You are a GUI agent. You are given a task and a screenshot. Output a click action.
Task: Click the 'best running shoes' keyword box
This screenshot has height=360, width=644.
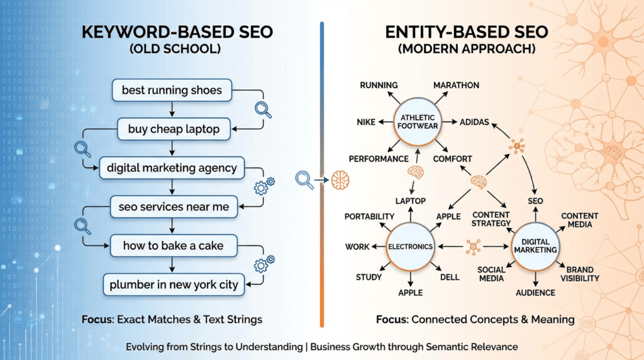172,90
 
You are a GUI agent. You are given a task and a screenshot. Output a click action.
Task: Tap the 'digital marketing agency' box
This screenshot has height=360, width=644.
172,168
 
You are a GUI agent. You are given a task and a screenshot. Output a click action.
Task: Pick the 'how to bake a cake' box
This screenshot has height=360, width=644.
173,245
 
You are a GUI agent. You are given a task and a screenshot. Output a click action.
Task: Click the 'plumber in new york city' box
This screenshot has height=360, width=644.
174,284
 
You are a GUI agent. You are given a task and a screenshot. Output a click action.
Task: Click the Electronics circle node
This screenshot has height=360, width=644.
410,247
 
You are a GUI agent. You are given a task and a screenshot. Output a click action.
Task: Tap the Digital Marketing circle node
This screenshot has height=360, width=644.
535,245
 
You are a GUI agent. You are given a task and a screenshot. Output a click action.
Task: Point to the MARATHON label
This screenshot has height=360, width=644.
456,85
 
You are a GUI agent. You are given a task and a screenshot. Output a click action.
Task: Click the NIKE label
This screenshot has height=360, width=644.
367,122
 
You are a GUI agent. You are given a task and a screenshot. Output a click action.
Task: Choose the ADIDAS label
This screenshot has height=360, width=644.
474,122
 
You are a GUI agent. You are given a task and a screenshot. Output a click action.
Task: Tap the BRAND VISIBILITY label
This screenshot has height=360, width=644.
579,274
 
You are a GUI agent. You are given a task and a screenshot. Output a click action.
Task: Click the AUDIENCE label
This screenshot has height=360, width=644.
535,293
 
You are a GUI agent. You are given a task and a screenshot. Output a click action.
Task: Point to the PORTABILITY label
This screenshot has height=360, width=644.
369,217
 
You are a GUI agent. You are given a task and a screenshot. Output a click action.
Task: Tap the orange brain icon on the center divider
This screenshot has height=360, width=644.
340,181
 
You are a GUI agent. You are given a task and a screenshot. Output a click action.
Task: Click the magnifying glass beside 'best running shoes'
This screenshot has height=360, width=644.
263,110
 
